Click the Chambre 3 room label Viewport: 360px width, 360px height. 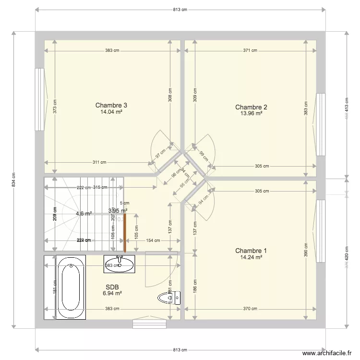(111, 105)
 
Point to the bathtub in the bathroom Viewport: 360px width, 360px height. (71, 287)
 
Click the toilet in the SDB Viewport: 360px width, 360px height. (169, 298)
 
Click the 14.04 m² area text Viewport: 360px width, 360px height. (111, 112)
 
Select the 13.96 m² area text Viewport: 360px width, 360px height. (251, 114)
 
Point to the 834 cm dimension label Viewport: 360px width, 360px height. (13, 180)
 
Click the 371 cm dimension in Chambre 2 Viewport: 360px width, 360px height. (250, 50)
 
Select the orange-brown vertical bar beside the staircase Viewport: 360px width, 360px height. (125, 233)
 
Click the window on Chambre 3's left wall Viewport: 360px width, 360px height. (38, 99)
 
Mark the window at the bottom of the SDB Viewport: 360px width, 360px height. (149, 324)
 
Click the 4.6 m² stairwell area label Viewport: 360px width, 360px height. (84, 214)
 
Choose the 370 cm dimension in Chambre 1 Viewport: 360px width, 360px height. (250, 309)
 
